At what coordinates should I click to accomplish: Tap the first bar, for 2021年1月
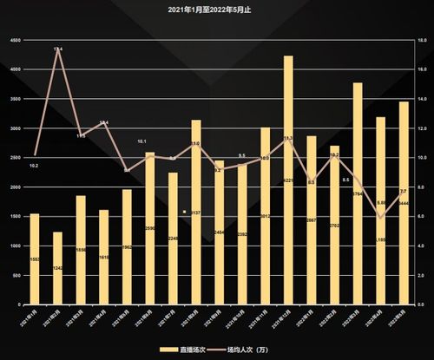(x=35, y=259)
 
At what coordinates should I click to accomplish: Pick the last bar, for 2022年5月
(x=404, y=203)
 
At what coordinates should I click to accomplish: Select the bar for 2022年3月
(x=334, y=225)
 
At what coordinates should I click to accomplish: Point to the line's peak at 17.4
(x=57, y=49)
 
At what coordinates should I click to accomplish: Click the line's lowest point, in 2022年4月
(x=380, y=218)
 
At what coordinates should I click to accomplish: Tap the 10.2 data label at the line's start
(x=33, y=165)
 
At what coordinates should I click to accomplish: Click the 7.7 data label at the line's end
(x=404, y=191)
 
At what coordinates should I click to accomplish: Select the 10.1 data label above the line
(x=141, y=141)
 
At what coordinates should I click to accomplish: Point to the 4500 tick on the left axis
(x=14, y=41)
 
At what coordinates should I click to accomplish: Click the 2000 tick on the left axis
(x=14, y=187)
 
